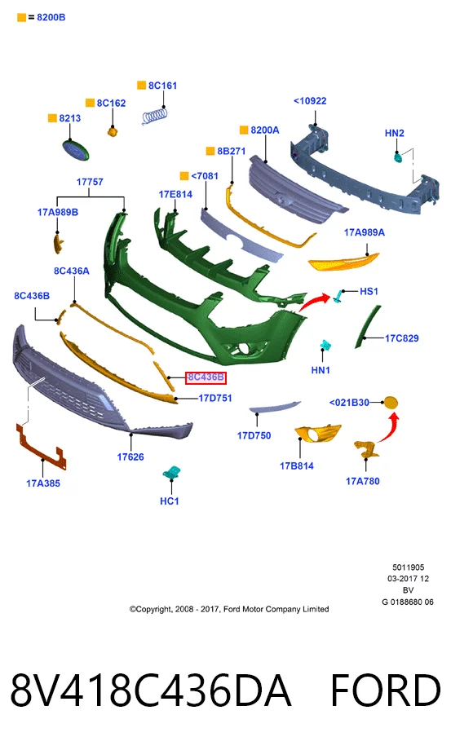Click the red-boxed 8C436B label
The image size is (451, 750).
click(206, 377)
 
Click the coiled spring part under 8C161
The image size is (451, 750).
click(155, 117)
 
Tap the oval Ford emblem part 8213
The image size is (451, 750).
click(76, 150)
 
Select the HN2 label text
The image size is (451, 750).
click(395, 133)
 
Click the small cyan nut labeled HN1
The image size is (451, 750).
click(326, 346)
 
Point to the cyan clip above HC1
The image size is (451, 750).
click(171, 472)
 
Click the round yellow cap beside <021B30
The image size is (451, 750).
click(391, 403)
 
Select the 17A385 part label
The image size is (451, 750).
click(43, 483)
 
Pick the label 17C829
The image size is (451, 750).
click(402, 338)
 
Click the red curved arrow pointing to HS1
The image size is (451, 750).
click(314, 302)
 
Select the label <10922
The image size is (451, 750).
click(310, 101)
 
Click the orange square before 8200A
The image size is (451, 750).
click(244, 130)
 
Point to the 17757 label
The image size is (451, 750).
click(90, 182)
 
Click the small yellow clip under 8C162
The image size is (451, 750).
click(113, 131)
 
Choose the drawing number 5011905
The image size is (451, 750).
click(409, 567)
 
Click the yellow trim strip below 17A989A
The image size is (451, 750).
click(343, 262)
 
